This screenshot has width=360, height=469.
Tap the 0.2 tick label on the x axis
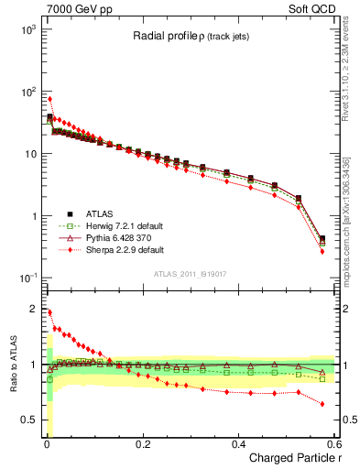[142, 443]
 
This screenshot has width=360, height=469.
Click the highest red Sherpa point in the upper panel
[49, 99]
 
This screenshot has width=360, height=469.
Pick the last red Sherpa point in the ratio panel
[322, 403]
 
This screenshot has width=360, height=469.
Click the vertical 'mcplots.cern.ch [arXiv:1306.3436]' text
[346, 220]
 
